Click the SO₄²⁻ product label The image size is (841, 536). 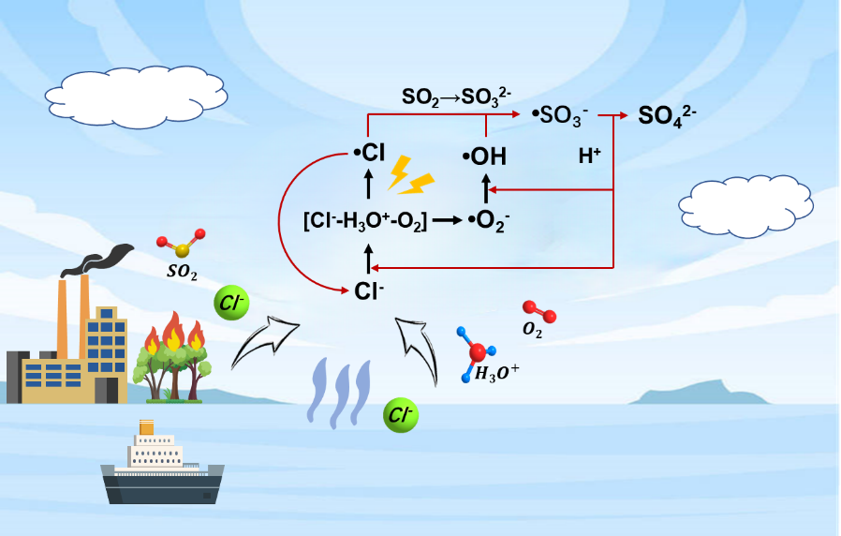pyautogui.click(x=667, y=115)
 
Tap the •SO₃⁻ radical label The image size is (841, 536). pyautogui.click(x=560, y=117)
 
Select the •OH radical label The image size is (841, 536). pyautogui.click(x=484, y=157)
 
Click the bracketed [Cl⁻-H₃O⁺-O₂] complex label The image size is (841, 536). pyautogui.click(x=365, y=222)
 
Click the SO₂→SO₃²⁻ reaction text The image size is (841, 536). pyautogui.click(x=456, y=97)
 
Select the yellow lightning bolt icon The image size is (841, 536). pyautogui.click(x=409, y=174)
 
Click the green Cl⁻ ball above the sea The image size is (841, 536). pyautogui.click(x=401, y=415)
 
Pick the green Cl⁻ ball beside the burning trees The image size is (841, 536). pyautogui.click(x=229, y=302)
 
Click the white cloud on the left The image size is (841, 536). pyautogui.click(x=137, y=95)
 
